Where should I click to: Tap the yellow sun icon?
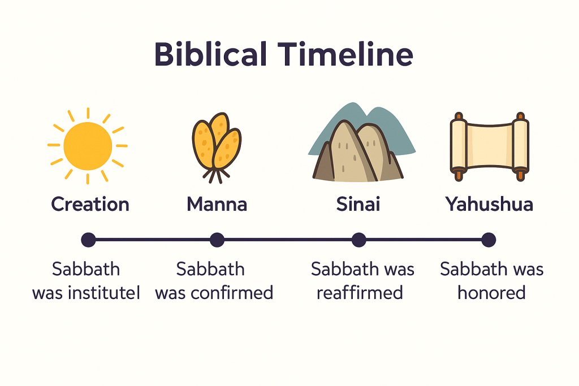coord(87,146)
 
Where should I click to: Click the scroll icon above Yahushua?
coord(489,146)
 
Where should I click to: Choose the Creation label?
coord(90,204)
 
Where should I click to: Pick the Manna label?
coord(217,204)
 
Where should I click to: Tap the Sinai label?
coord(358,204)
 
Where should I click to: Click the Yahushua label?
coord(489,204)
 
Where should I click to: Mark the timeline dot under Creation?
coord(88,240)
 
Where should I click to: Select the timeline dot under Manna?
coord(217,240)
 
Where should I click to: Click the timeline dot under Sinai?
coord(358,240)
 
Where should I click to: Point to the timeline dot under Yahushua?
coord(489,240)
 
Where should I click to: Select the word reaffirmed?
coord(360,293)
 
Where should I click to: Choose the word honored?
coord(491,293)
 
